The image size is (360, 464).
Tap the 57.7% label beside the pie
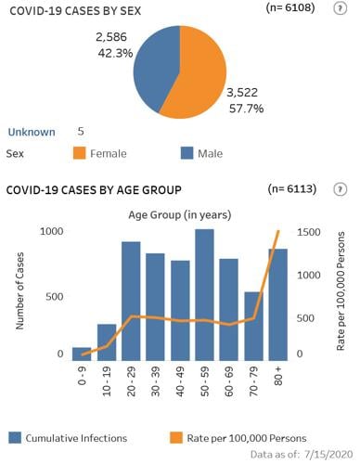coord(247,109)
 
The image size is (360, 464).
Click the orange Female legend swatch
coord(71,153)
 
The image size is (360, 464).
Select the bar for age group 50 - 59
coord(204,294)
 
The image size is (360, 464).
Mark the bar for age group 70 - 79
coord(253,326)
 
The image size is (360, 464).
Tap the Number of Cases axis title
coord(19,295)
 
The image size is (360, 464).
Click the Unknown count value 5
coord(82,132)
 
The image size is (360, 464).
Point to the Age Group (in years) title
coord(180,214)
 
